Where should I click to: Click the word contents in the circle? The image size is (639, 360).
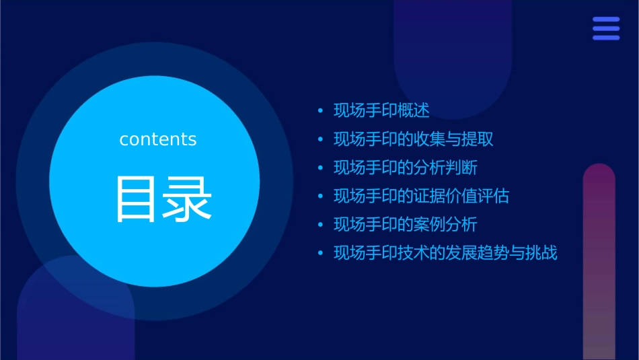pyautogui.click(x=158, y=139)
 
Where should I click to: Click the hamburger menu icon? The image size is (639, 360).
pyautogui.click(x=606, y=29)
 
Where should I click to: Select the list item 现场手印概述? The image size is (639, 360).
pyautogui.click(x=381, y=110)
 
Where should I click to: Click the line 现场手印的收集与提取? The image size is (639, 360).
pyautogui.click(x=414, y=139)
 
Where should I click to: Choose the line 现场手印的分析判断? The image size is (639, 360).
pyautogui.click(x=406, y=168)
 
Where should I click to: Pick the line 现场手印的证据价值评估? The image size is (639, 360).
pyautogui.click(x=422, y=196)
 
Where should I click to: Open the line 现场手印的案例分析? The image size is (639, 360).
pyautogui.click(x=406, y=224)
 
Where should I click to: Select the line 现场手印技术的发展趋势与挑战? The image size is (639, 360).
pyautogui.click(x=446, y=253)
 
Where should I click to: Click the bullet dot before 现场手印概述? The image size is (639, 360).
pyautogui.click(x=320, y=111)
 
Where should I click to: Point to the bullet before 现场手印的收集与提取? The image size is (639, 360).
pyautogui.click(x=320, y=139)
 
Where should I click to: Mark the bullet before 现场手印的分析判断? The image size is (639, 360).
pyautogui.click(x=320, y=168)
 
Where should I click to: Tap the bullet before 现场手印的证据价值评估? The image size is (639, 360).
pyautogui.click(x=320, y=196)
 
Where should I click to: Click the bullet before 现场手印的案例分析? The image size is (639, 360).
pyautogui.click(x=320, y=225)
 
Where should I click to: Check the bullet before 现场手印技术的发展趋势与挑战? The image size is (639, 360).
pyautogui.click(x=320, y=254)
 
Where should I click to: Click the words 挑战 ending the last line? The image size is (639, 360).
pyautogui.click(x=541, y=253)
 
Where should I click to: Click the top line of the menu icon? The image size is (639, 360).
pyautogui.click(x=606, y=20)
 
